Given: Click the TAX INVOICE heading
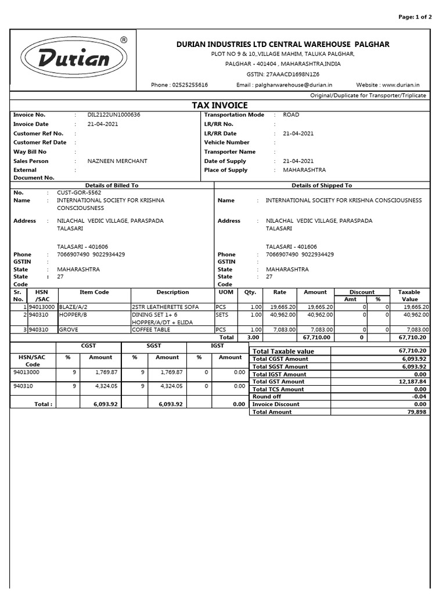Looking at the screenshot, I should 220,105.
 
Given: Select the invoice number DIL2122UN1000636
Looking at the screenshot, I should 114,115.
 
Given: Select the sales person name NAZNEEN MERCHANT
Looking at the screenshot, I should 117,161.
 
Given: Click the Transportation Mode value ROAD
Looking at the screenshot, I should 291,115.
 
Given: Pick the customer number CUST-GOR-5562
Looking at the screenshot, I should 79,192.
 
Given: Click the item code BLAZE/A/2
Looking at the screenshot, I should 73,307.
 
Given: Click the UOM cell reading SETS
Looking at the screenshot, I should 222,314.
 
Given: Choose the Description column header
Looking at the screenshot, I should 172,292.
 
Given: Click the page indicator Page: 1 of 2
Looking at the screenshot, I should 415,17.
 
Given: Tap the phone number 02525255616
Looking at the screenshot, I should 188,85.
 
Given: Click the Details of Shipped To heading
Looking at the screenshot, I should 322,185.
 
